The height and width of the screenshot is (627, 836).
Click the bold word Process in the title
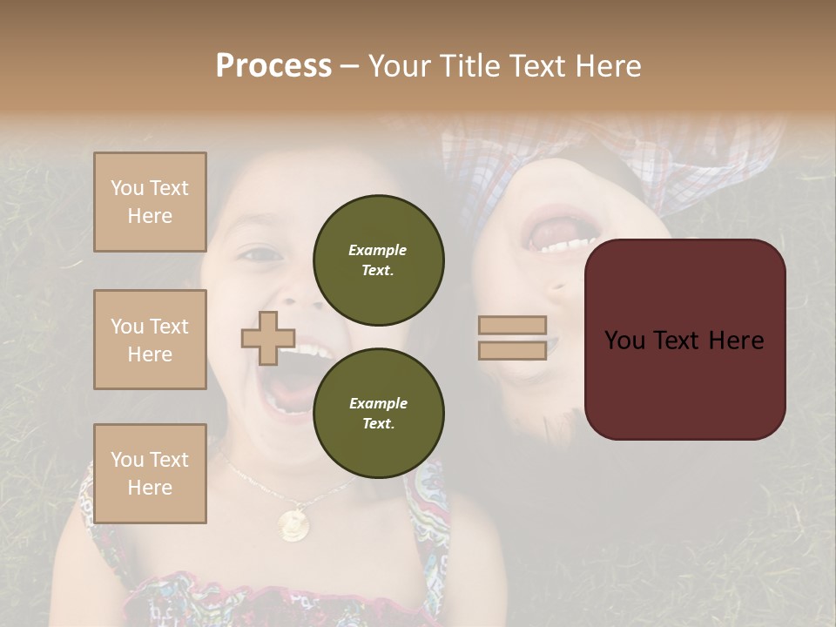(x=273, y=66)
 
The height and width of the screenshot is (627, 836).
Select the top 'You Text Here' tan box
(x=150, y=202)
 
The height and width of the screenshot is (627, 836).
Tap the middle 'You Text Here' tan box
(x=150, y=340)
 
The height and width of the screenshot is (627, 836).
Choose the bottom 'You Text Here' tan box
(x=150, y=474)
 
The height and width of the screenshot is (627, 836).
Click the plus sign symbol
(x=268, y=338)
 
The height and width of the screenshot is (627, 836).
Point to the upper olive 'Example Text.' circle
(x=378, y=260)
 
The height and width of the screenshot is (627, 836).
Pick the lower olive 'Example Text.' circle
(x=378, y=414)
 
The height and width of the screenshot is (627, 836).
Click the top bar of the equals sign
(x=512, y=325)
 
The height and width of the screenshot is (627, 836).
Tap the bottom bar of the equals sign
(x=512, y=350)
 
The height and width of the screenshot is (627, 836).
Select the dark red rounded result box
(x=684, y=340)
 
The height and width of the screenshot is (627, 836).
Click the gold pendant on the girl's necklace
(x=293, y=523)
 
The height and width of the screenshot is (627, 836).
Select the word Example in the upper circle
(x=378, y=250)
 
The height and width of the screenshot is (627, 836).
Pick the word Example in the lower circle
(x=378, y=403)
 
